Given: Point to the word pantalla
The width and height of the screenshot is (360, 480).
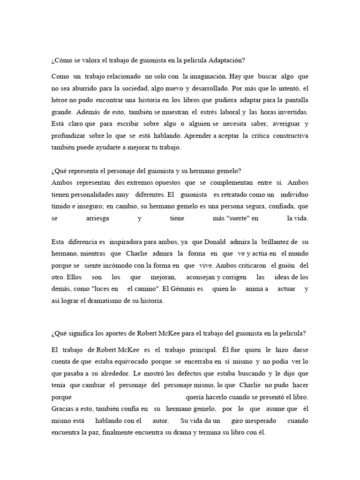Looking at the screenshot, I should (294, 100).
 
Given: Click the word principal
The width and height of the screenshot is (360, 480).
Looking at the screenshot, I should (202, 350).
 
